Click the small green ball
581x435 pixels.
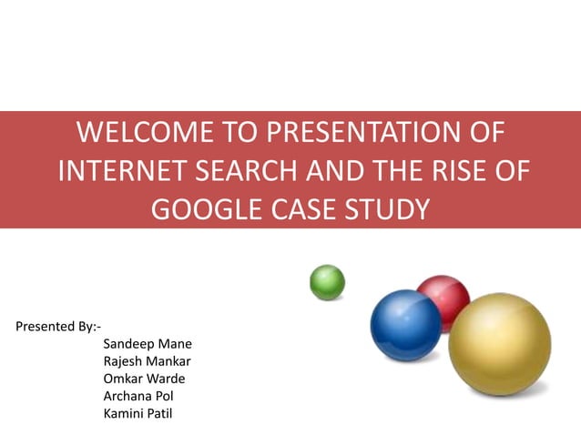click(327, 282)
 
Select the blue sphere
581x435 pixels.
click(404, 325)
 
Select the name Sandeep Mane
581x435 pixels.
click(148, 344)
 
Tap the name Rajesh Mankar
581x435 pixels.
click(148, 361)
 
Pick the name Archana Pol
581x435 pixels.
click(138, 396)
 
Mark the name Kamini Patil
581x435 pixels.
click(141, 414)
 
